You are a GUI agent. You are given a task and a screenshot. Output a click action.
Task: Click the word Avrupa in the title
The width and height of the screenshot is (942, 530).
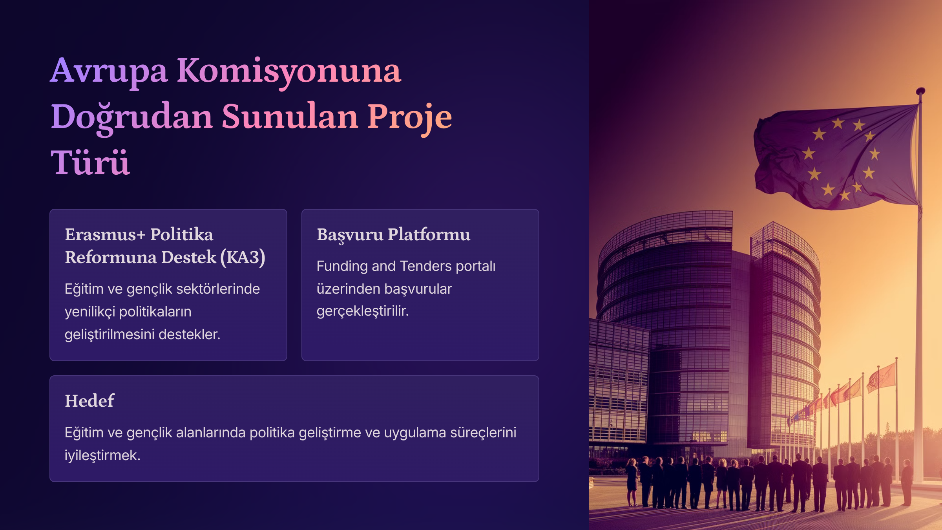109,72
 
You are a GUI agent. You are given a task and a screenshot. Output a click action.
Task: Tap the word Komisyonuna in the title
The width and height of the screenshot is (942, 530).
289,72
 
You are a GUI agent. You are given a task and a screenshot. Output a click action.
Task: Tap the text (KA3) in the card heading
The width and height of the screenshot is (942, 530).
243,258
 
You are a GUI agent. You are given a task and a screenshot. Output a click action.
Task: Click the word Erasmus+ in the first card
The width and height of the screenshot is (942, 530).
105,234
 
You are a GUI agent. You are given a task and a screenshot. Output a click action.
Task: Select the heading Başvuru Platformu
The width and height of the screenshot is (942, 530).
393,235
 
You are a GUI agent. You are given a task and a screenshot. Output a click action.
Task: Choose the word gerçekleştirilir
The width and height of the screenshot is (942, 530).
363,311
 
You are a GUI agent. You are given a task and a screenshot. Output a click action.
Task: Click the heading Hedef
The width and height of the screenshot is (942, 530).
89,401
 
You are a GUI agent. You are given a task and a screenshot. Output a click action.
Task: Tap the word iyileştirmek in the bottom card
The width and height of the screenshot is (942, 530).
102,455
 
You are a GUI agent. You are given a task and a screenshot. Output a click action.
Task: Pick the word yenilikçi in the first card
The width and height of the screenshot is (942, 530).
90,312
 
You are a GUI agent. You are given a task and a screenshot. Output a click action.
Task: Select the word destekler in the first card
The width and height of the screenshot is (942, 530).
189,334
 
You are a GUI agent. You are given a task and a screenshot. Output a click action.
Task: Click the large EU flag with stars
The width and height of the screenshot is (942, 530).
836,157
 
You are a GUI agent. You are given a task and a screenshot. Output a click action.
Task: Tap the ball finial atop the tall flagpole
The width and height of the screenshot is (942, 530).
920,91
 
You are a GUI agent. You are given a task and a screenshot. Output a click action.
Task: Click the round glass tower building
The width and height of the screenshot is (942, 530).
667,334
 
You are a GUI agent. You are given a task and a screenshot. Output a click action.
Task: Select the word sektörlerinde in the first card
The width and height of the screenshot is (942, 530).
218,289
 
